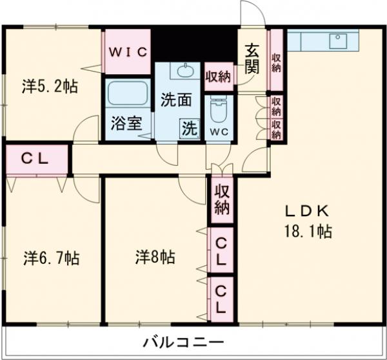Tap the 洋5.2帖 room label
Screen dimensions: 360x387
pos(51,86)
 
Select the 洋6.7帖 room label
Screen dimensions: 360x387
pos(52,258)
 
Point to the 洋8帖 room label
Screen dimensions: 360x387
pos(155,257)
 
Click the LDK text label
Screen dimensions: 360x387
pos(308,212)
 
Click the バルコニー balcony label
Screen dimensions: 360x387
pos(183,341)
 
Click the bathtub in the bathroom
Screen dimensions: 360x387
pos(127,95)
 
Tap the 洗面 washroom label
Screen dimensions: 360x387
pos(176,100)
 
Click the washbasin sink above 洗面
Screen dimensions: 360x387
pos(188,70)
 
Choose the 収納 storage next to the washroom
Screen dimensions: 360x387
pos(218,77)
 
